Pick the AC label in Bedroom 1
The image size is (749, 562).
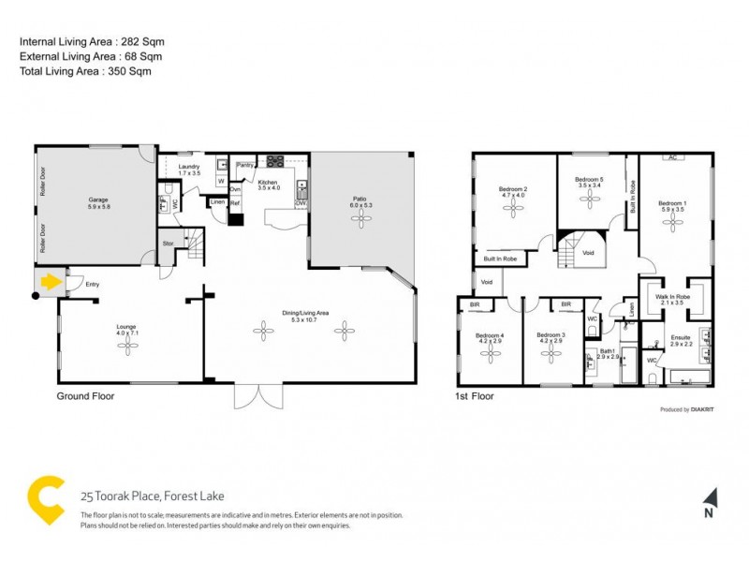[673, 157]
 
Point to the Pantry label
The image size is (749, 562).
[244, 166]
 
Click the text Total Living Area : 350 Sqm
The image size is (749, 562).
[85, 70]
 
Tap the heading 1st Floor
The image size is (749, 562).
[476, 396]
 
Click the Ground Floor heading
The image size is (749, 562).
[86, 396]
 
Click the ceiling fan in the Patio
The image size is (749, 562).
[360, 217]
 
